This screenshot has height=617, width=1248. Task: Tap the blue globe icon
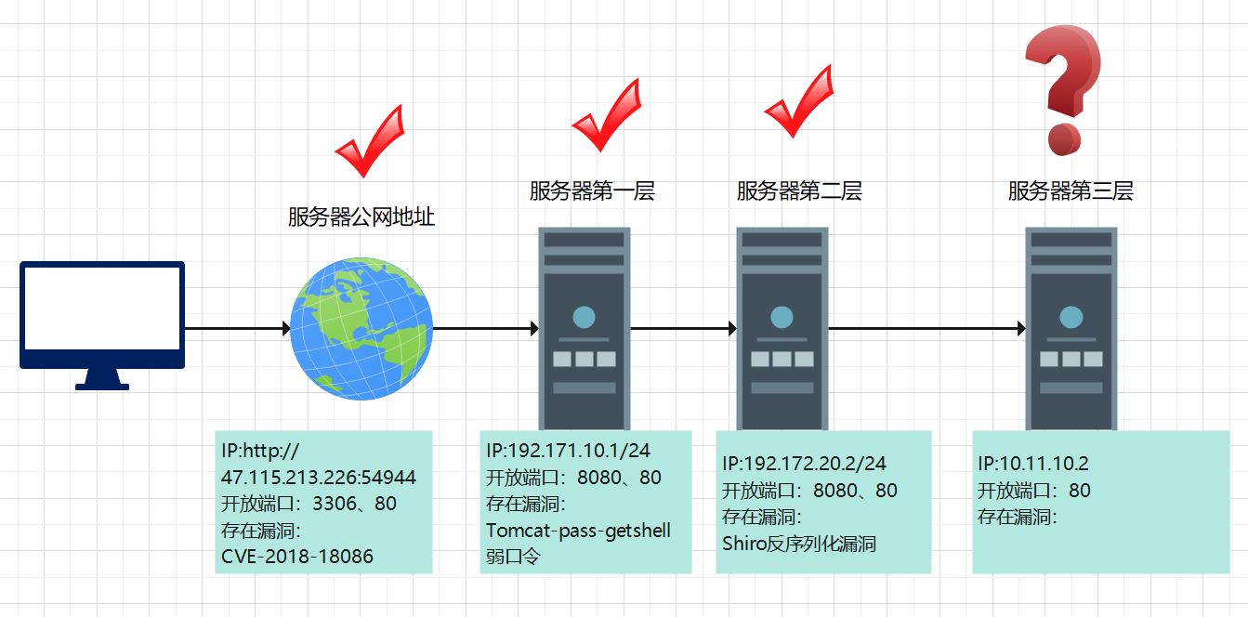(361, 328)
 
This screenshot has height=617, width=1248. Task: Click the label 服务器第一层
(592, 191)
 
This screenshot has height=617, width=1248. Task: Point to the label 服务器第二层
(799, 191)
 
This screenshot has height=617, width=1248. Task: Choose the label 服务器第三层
(1071, 191)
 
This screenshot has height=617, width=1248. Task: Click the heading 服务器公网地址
(361, 217)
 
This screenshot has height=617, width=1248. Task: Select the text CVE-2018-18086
(297, 557)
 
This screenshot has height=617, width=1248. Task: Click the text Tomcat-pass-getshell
(578, 531)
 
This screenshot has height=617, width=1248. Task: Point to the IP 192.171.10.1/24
(568, 451)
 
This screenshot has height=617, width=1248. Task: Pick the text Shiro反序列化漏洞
(799, 544)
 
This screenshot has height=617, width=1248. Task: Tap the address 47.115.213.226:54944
(319, 478)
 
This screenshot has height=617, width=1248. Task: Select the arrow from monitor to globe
(238, 328)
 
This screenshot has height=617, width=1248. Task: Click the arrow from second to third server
(926, 328)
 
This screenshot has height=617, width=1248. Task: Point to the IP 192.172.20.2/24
(805, 463)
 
